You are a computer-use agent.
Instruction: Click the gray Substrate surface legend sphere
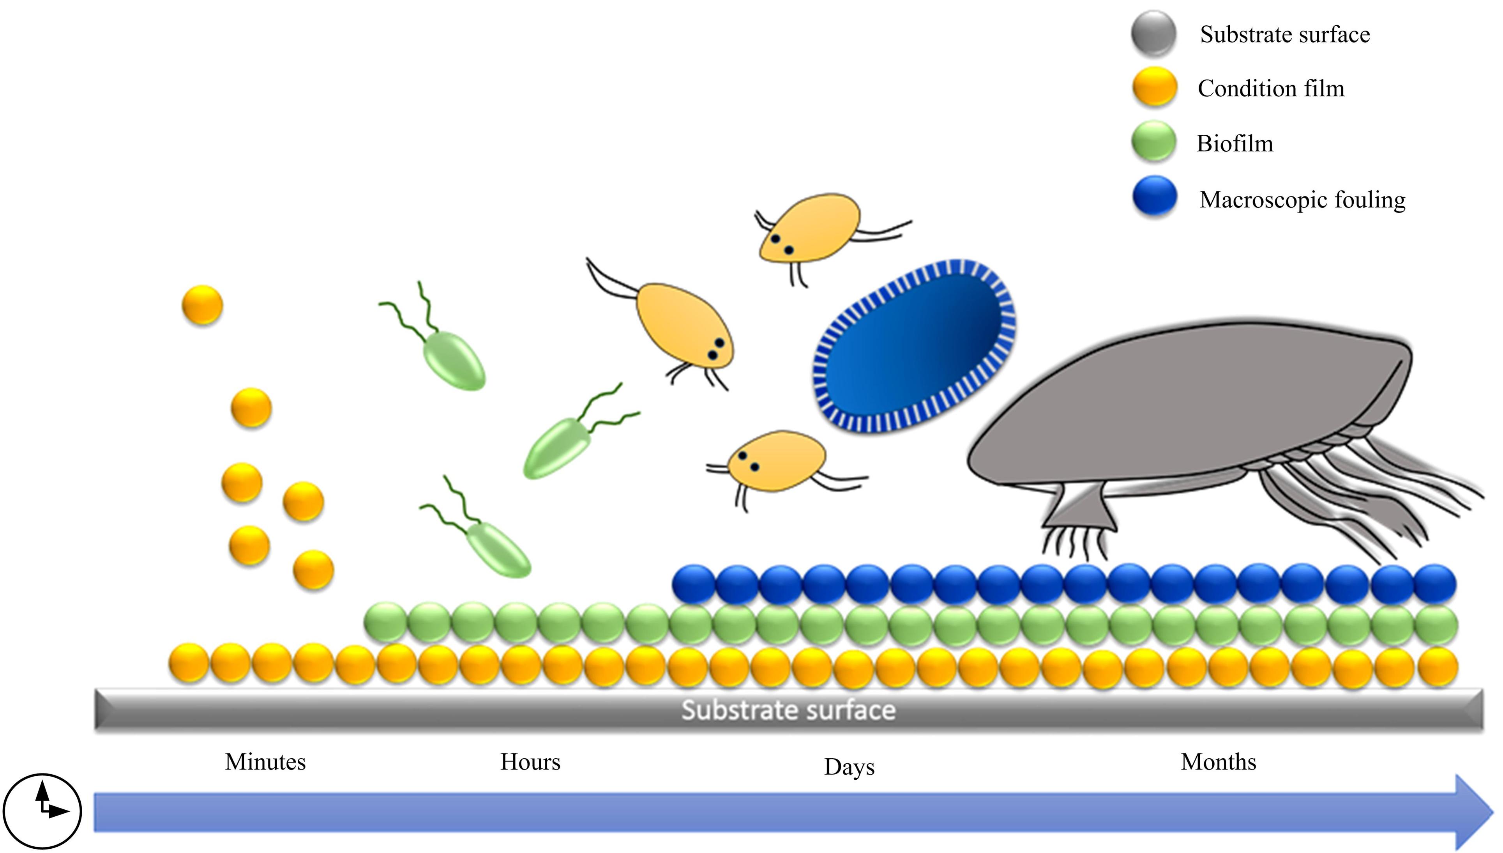pos(1153,34)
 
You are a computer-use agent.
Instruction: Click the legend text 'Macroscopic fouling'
pos(1302,200)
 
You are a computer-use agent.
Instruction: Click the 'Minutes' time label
pos(265,762)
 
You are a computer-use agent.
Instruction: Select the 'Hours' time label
pos(530,762)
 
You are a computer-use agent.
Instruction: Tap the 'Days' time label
pos(849,766)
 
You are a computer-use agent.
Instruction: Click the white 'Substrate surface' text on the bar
pos(788,710)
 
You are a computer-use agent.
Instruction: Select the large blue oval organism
pos(913,346)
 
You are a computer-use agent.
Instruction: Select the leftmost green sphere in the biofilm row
pos(385,623)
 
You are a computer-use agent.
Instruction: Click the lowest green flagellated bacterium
pos(498,548)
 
